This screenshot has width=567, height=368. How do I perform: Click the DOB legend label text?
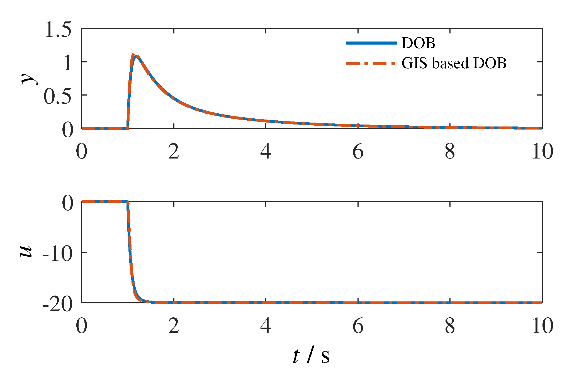click(418, 43)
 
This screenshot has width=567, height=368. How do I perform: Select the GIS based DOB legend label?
click(454, 63)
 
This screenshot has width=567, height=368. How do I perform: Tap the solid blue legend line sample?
click(371, 43)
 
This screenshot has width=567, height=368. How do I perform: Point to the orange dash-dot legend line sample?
click(371, 63)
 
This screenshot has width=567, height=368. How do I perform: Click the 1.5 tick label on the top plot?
click(58, 30)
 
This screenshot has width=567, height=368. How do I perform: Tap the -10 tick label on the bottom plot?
click(57, 254)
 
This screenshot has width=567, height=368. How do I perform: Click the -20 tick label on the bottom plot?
click(57, 304)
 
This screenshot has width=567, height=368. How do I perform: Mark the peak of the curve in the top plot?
click(133, 55)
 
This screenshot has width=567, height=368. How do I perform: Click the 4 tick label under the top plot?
click(266, 152)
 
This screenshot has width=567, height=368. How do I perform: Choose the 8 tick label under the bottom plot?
click(450, 326)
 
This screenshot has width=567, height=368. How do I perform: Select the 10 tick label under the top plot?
click(542, 152)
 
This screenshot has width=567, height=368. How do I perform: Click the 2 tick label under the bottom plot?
click(174, 326)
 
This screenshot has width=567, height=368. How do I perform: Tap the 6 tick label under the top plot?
click(358, 152)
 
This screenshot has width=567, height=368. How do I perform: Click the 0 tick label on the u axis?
click(67, 203)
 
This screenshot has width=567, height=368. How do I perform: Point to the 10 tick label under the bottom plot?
click(542, 326)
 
